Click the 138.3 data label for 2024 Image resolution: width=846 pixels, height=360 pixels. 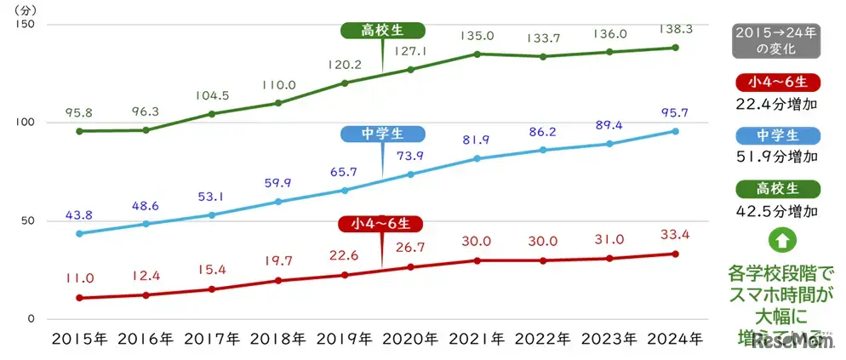pyautogui.click(x=675, y=29)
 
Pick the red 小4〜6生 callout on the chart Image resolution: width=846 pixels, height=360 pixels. pyautogui.click(x=381, y=225)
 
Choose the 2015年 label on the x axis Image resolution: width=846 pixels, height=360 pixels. pyautogui.click(x=79, y=339)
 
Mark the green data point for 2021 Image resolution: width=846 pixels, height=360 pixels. pyautogui.click(x=477, y=54)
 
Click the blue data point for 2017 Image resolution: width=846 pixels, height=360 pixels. pyautogui.click(x=212, y=215)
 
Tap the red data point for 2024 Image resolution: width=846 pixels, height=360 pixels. pyautogui.click(x=676, y=254)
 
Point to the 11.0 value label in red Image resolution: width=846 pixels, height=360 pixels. pyautogui.click(x=78, y=278)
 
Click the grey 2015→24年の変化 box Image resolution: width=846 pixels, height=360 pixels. pyautogui.click(x=774, y=41)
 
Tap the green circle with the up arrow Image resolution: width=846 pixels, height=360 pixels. pyautogui.click(x=775, y=240)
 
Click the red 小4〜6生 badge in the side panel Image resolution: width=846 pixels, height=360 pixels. pyautogui.click(x=774, y=83)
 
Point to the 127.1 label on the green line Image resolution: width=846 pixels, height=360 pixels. pyautogui.click(x=411, y=51)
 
